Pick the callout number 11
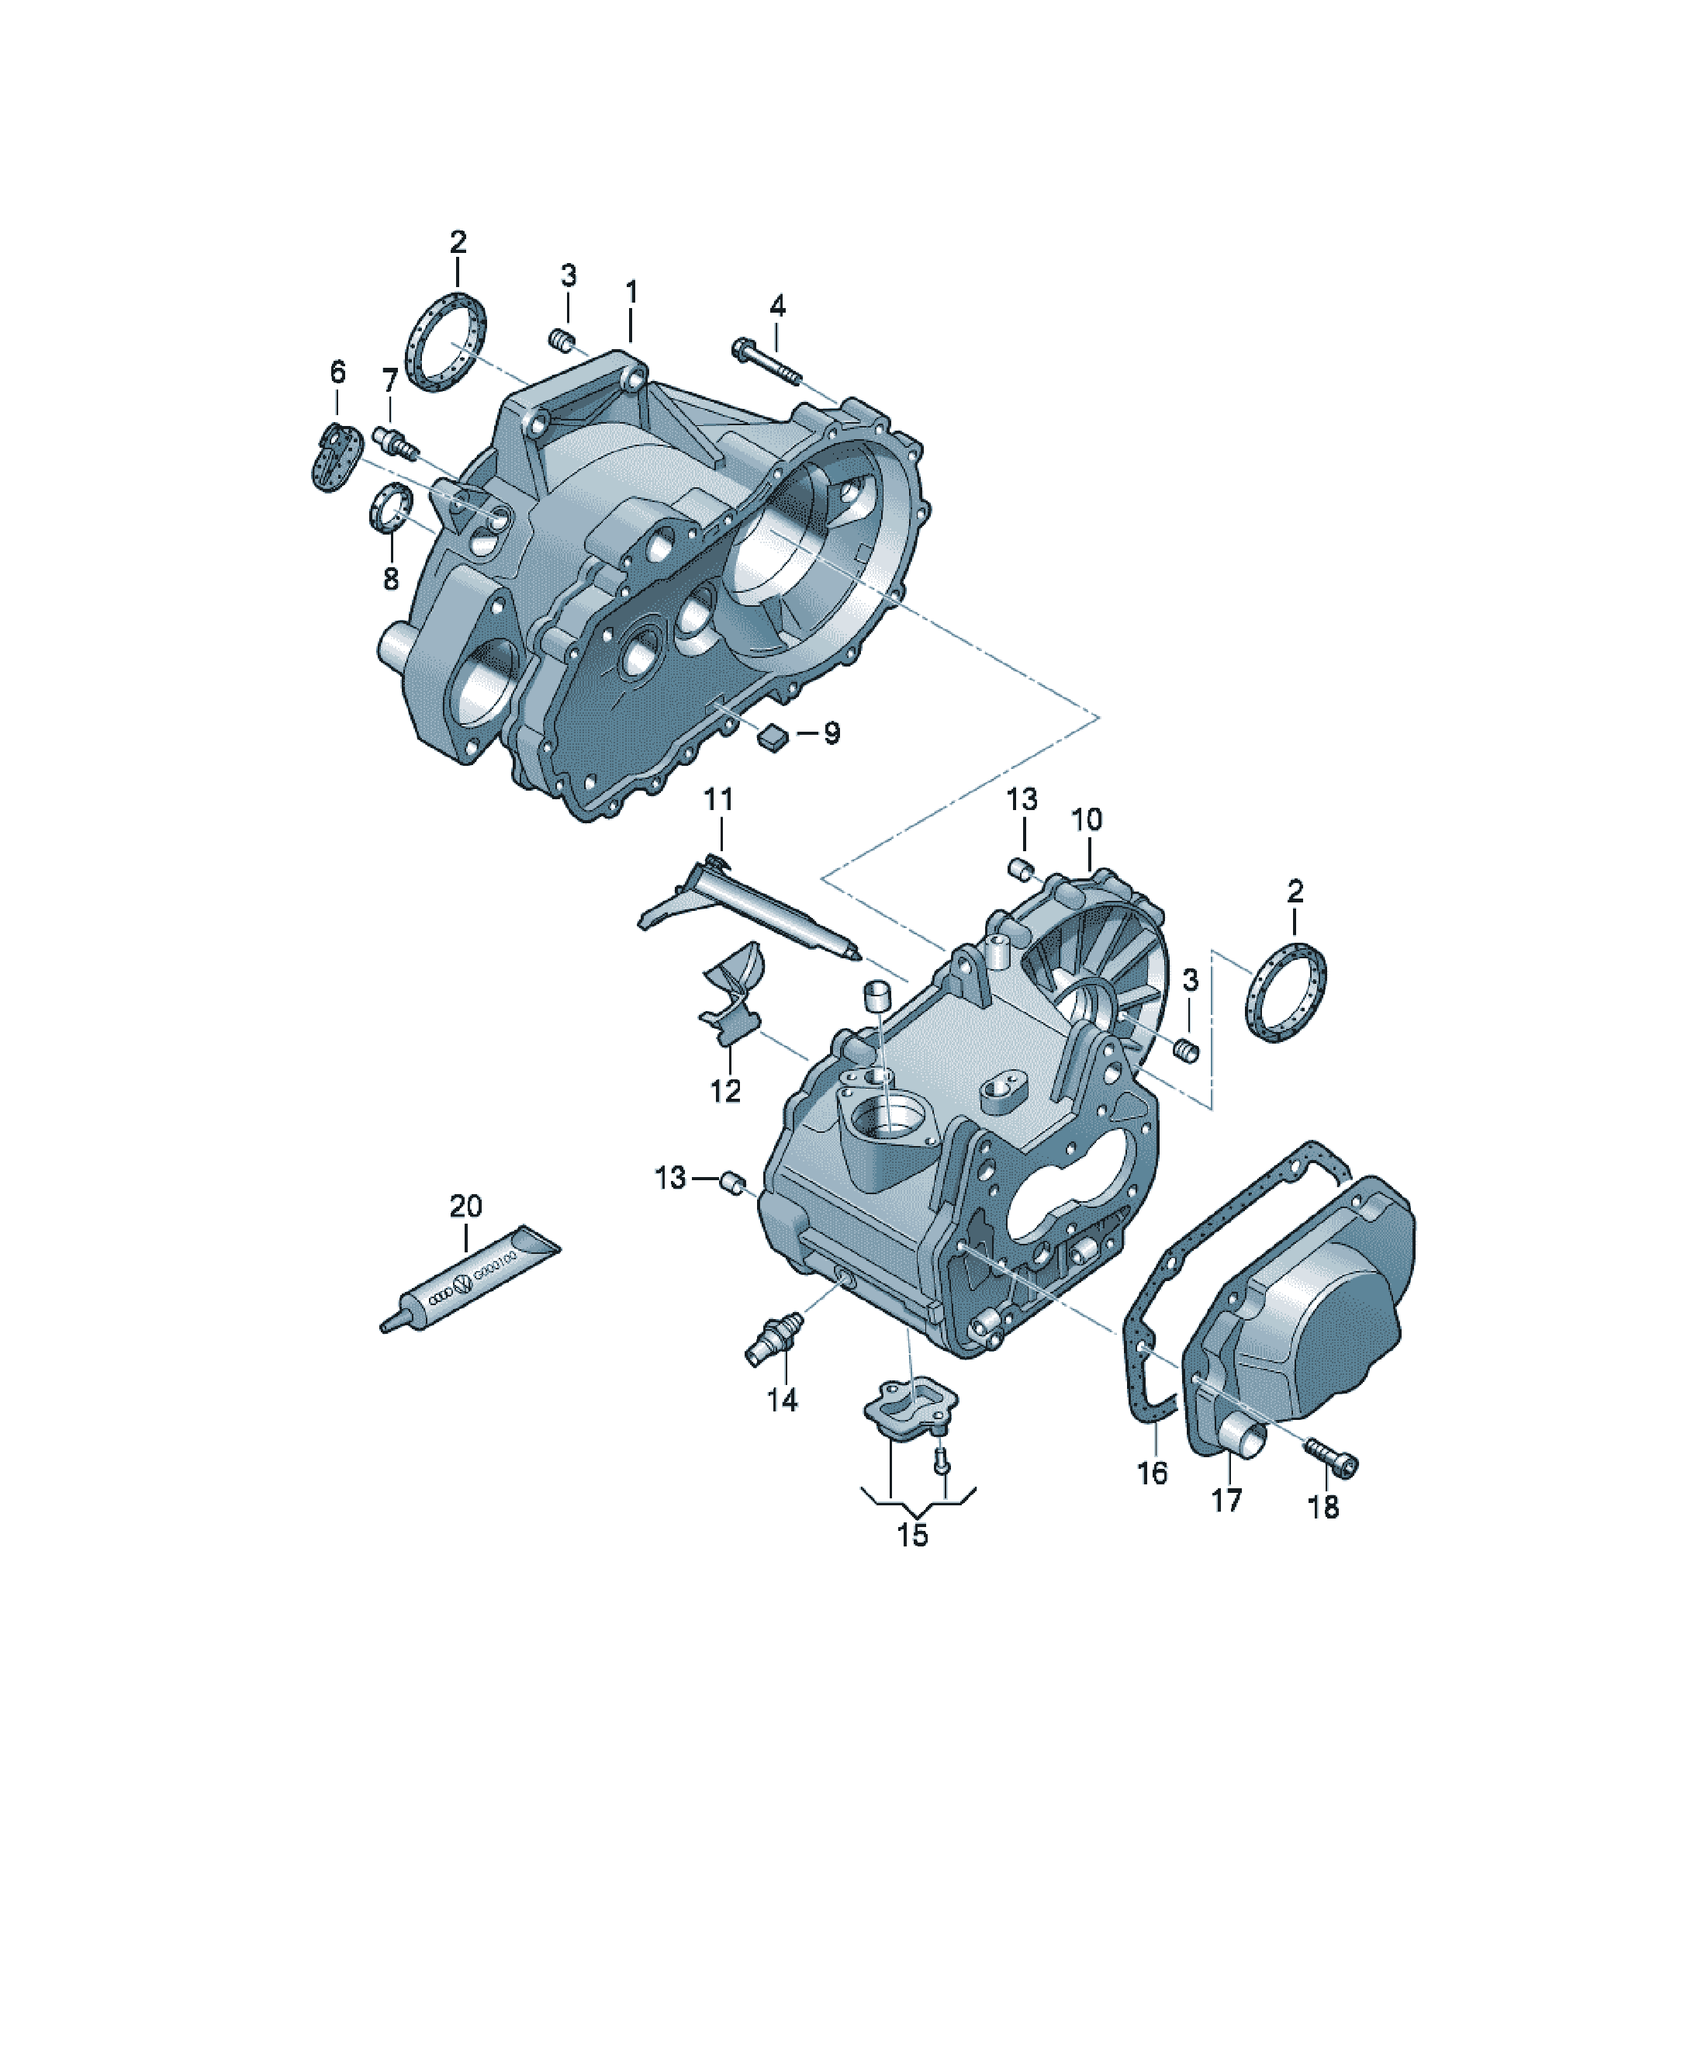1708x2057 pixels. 719,799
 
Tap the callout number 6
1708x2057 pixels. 338,372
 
